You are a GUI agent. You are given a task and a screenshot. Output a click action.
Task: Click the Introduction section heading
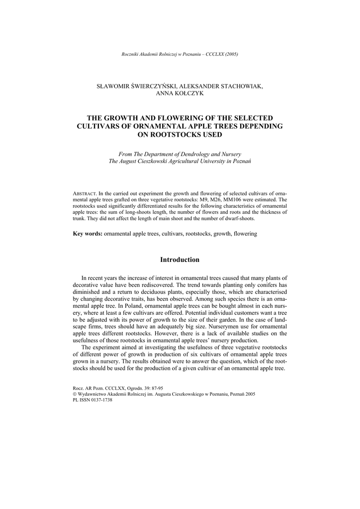(x=180, y=259)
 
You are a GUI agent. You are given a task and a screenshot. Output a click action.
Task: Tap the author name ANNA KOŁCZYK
(x=180, y=93)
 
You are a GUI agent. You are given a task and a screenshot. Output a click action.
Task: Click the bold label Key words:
(x=88, y=233)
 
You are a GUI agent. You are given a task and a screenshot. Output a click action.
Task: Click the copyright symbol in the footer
(x=75, y=393)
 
